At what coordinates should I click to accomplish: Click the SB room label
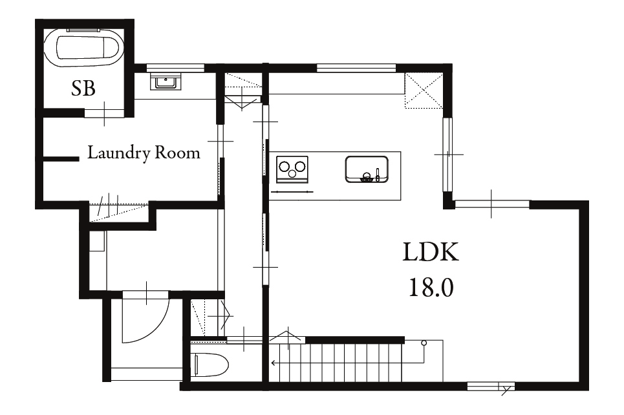(x=83, y=89)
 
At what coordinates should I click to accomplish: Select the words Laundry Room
(x=144, y=153)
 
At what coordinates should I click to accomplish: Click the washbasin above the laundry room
(x=166, y=82)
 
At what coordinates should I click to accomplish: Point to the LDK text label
(x=431, y=252)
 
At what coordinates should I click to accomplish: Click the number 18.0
(x=431, y=287)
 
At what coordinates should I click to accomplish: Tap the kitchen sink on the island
(x=367, y=169)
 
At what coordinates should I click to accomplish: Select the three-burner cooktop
(x=292, y=169)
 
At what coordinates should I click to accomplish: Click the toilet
(x=211, y=365)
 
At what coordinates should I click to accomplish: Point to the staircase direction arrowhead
(x=274, y=363)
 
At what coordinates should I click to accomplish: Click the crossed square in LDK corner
(x=424, y=90)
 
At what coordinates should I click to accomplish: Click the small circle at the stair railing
(x=424, y=343)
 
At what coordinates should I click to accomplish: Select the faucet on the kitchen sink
(x=377, y=175)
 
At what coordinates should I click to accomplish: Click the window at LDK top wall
(x=356, y=68)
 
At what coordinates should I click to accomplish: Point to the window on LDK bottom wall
(x=491, y=386)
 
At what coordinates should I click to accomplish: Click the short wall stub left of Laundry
(x=61, y=159)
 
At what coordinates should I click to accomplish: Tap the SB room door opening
(x=104, y=113)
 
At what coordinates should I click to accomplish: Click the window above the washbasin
(x=175, y=68)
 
